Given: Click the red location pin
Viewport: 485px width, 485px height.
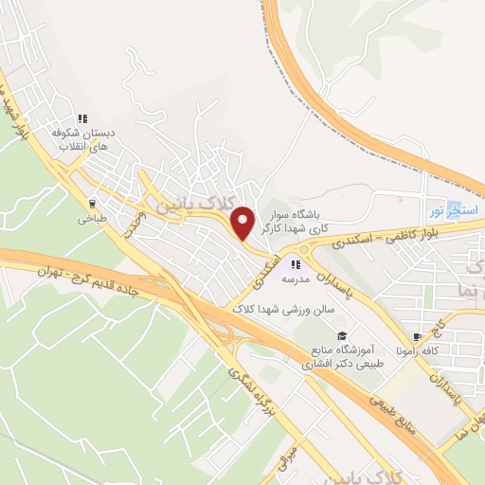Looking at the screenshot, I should tap(243, 222).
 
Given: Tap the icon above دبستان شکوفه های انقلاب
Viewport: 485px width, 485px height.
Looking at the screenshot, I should tap(82, 118).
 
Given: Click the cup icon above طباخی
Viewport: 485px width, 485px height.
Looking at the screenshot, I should tap(92, 203).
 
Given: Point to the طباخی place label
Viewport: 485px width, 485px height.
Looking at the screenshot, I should tap(92, 218).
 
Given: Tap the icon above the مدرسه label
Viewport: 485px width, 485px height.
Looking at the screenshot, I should tap(296, 264).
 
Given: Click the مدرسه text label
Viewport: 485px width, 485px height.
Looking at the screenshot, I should tap(296, 279).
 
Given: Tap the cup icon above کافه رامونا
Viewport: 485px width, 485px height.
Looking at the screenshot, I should tap(417, 336).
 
